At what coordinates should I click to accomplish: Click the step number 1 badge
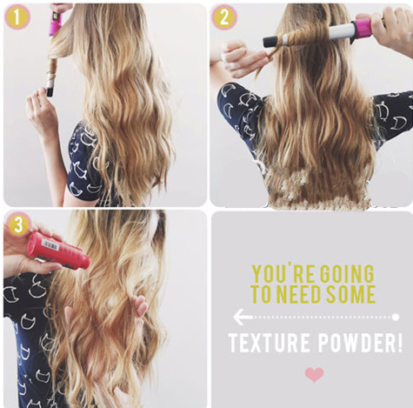(17, 17)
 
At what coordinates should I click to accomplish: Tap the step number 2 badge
(224, 17)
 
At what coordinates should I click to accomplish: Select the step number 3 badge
(18, 224)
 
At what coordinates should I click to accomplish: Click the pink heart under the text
(314, 374)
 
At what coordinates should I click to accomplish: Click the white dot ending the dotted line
(396, 318)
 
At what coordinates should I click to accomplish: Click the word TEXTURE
(269, 343)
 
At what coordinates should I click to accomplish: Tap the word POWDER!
(360, 343)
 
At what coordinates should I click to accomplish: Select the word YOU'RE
(279, 273)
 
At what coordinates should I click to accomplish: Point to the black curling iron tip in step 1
(50, 92)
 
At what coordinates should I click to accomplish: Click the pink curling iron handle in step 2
(361, 29)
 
